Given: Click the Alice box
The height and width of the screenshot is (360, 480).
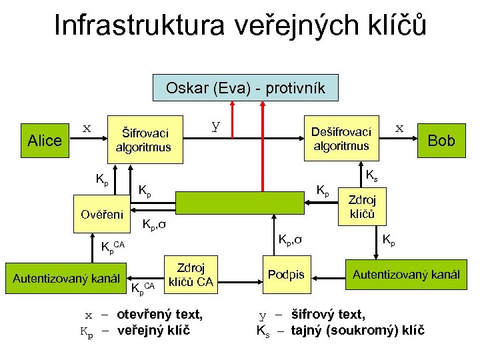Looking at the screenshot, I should tap(45, 141).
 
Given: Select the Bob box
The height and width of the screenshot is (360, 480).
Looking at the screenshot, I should tap(441, 140).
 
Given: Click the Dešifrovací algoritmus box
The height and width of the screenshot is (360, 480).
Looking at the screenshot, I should tap(341, 139).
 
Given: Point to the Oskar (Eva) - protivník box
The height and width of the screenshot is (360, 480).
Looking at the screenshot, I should tap(245, 87).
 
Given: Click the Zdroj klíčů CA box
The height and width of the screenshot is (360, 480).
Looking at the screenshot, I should tap(190, 273).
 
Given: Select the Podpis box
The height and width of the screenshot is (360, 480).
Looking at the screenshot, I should tap(286, 275).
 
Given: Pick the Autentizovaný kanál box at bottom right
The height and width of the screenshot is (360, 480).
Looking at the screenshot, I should tap(406, 274).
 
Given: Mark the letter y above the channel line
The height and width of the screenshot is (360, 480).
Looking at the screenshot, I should tap(215, 124).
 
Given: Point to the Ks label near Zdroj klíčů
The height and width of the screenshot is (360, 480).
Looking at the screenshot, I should tap(373, 175).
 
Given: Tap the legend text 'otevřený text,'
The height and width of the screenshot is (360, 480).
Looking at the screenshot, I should tap(160, 314).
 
